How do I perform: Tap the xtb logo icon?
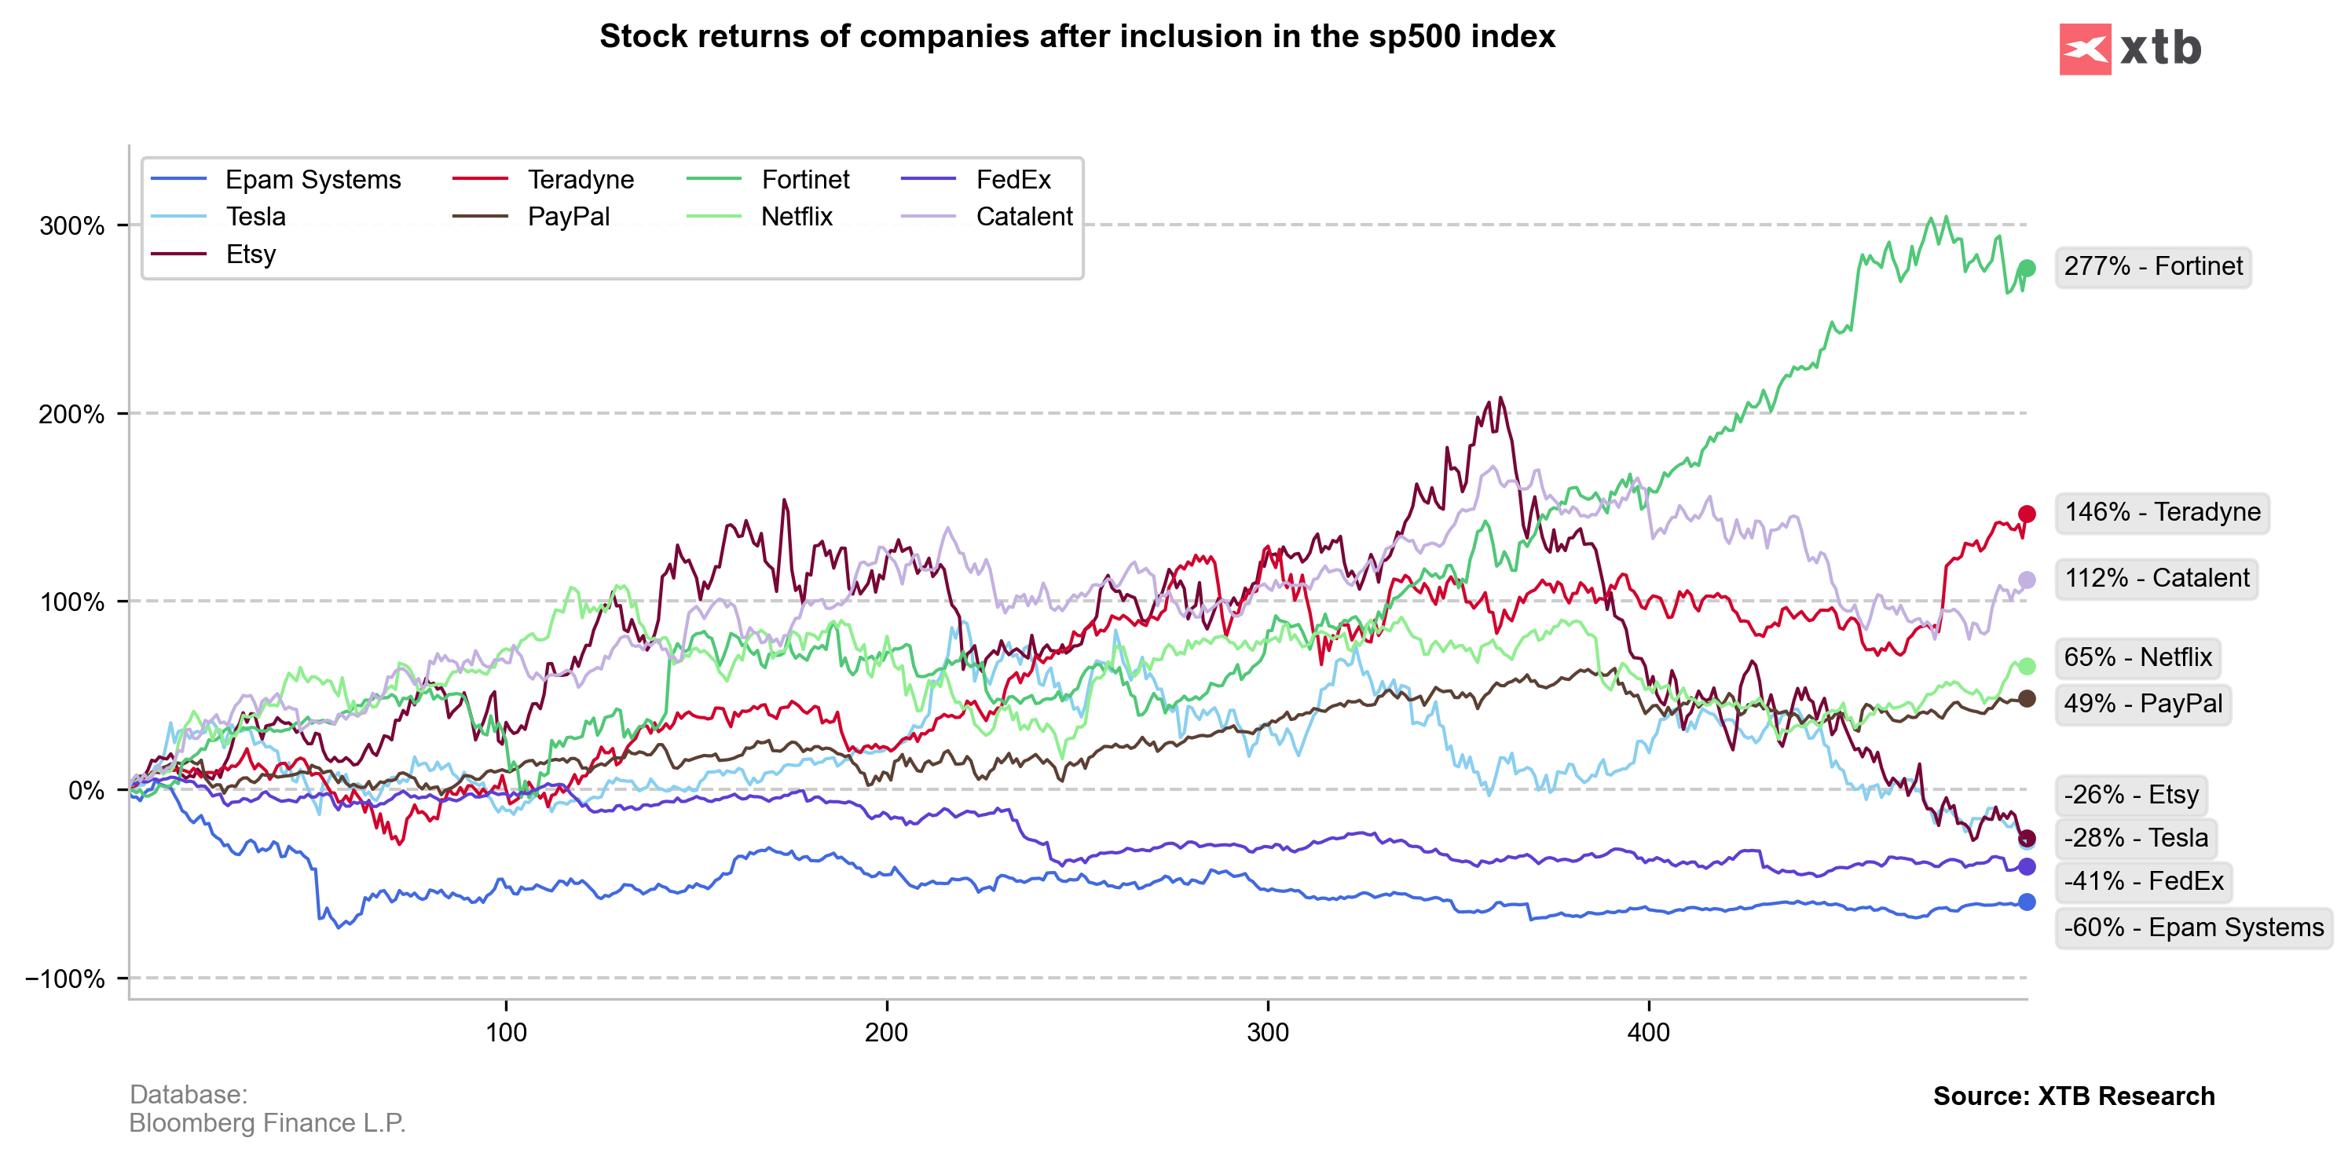click(2085, 49)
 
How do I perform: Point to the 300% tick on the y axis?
click(72, 226)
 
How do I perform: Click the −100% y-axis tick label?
click(64, 979)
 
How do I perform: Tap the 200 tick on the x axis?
click(886, 1033)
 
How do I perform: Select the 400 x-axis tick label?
click(1648, 1033)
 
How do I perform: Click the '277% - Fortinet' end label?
click(2153, 267)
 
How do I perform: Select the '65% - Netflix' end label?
click(2137, 657)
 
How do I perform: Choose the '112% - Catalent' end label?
click(2156, 579)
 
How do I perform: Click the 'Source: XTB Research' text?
click(2074, 1096)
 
